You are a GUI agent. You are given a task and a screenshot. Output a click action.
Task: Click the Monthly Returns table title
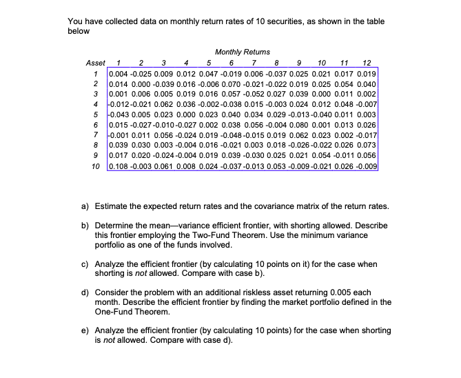click(x=243, y=52)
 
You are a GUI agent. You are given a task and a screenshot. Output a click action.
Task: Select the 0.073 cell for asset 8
click(x=367, y=145)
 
